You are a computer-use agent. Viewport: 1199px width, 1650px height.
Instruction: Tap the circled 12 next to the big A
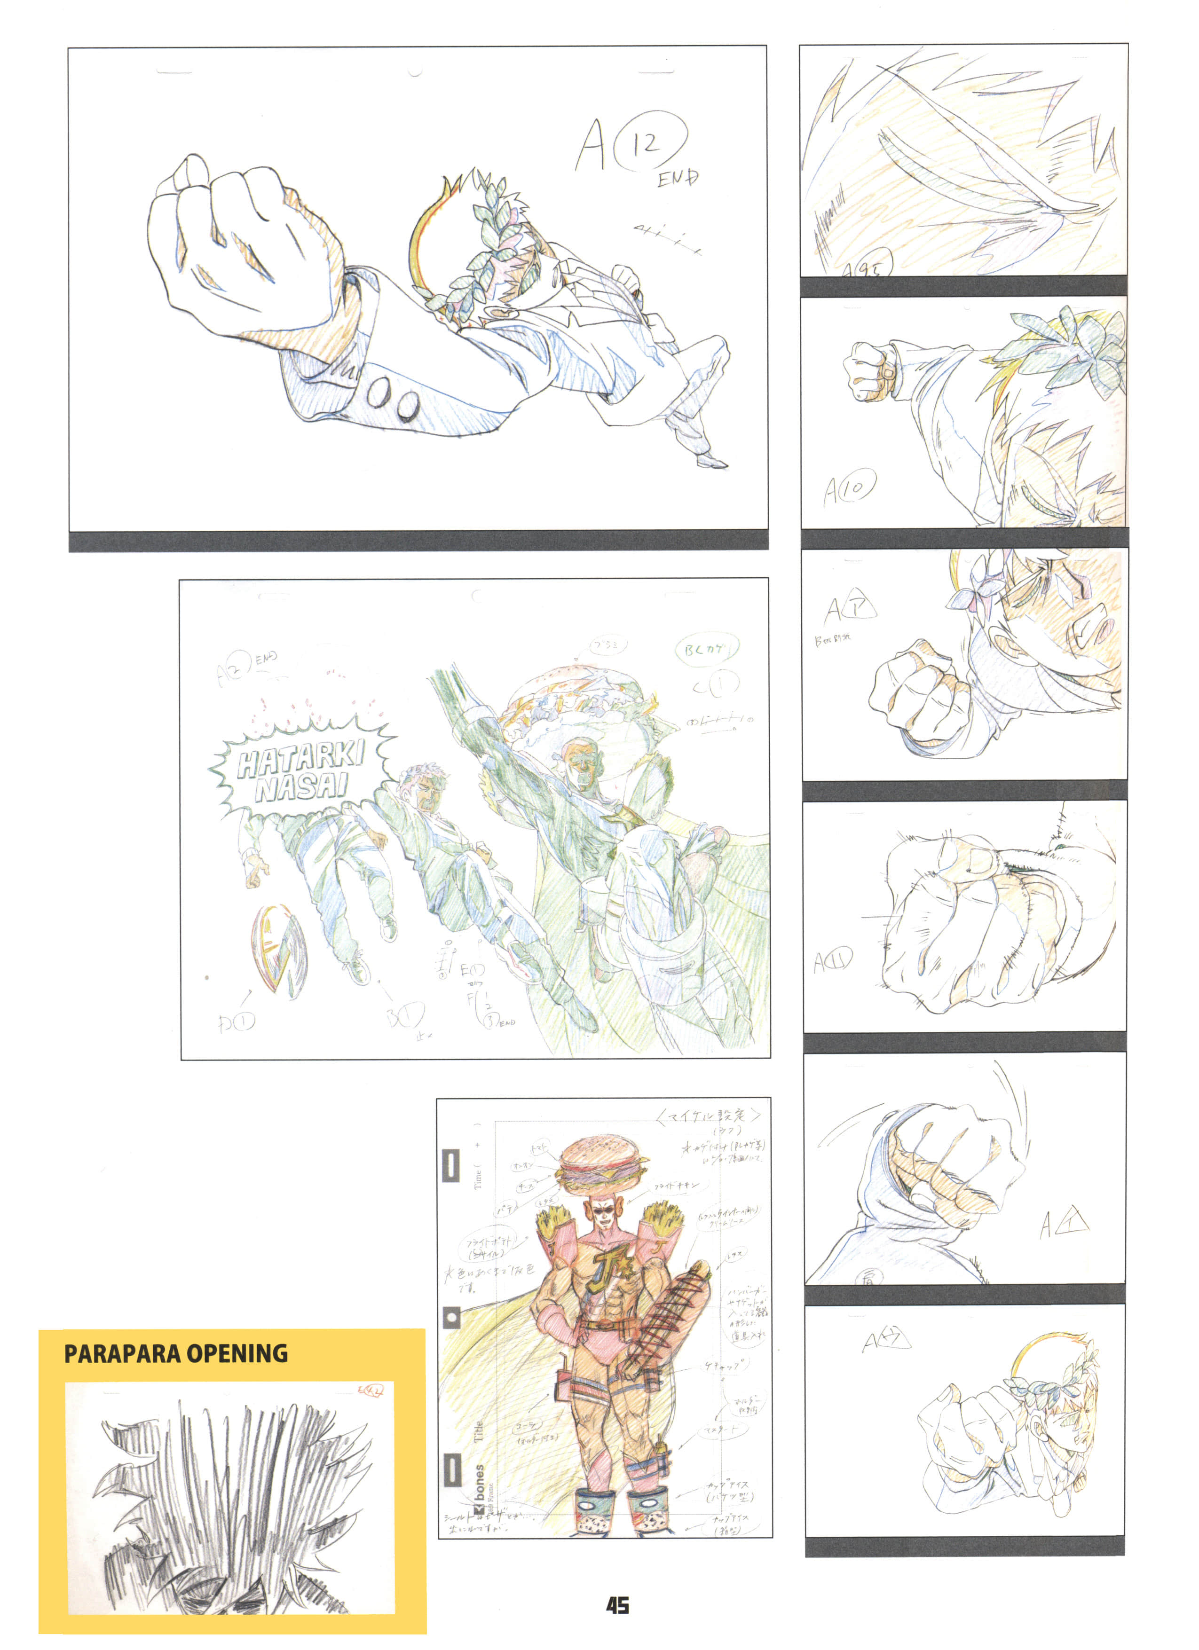coord(650,144)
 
